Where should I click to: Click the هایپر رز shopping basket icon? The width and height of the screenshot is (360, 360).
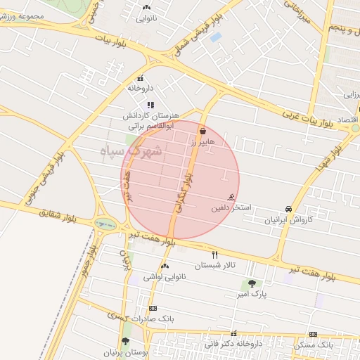tap(202, 130)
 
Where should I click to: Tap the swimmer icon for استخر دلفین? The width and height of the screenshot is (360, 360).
tap(231, 198)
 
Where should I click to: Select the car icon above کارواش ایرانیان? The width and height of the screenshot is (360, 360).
tap(288, 209)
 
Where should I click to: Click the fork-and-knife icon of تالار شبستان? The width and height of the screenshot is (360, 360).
tap(215, 255)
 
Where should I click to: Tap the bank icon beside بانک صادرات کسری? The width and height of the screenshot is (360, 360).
tap(153, 308)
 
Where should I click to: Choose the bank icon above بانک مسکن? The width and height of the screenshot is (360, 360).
tap(313, 334)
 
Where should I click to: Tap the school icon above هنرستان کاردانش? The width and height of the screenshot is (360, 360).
tap(150, 105)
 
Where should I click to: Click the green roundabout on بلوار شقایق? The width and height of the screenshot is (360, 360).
tap(107, 225)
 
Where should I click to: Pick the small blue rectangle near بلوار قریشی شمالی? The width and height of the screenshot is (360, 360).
tap(216, 37)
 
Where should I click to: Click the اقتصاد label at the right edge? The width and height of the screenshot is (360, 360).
tap(349, 120)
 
